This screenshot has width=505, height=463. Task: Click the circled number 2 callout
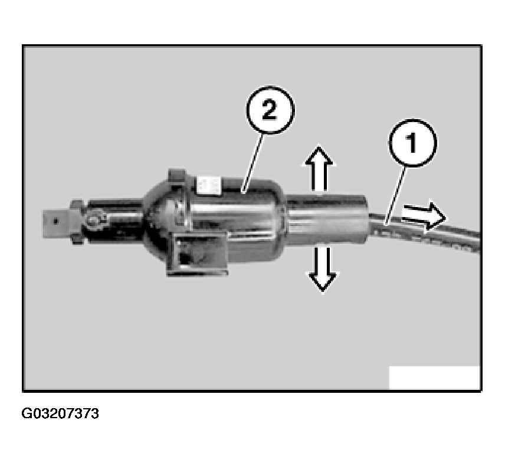(x=270, y=110)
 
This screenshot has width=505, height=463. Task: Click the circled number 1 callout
(x=412, y=143)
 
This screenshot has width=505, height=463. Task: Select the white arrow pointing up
(x=319, y=169)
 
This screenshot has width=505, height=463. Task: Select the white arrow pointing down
(x=322, y=269)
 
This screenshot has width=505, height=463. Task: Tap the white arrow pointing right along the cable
(x=424, y=216)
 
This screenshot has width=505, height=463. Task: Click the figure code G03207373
(x=60, y=413)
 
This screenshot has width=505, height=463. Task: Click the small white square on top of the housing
(x=209, y=185)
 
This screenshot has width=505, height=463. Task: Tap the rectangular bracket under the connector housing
(x=198, y=254)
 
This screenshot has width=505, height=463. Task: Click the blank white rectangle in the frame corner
(x=434, y=377)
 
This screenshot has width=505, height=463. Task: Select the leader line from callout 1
(x=395, y=195)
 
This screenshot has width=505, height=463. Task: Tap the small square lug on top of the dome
(x=177, y=176)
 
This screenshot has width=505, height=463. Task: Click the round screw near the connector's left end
(x=93, y=219)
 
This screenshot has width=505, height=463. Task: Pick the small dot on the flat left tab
(x=56, y=221)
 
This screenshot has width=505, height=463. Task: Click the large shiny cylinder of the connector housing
(x=237, y=222)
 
